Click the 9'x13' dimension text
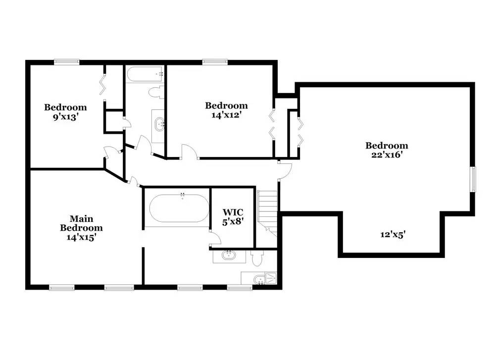[x=65, y=117]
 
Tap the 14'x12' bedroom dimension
[x=226, y=115]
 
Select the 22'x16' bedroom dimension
[x=387, y=155]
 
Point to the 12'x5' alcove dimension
[x=393, y=235]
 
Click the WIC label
[x=233, y=212]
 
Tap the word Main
[x=82, y=218]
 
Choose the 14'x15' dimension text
[x=81, y=238]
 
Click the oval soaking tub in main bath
[x=179, y=208]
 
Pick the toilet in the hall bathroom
[x=156, y=92]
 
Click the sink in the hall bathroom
[x=159, y=124]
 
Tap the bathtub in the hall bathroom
[x=145, y=75]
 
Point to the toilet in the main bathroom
[x=257, y=258]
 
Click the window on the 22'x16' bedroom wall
[x=473, y=179]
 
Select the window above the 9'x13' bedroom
[x=66, y=62]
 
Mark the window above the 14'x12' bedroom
[x=215, y=62]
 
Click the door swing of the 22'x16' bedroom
[x=285, y=171]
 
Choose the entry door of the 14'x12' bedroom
[x=190, y=152]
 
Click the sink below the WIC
[x=229, y=255]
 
